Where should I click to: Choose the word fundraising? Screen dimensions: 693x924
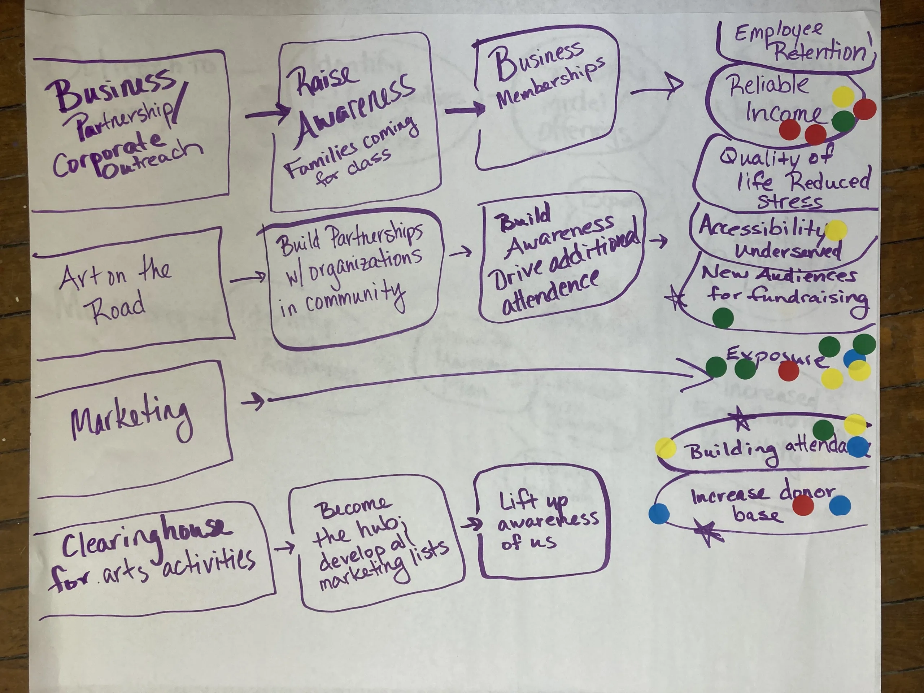click(808, 297)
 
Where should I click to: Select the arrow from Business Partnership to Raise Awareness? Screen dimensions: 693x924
click(267, 113)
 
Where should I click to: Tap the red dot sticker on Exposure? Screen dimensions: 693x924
click(789, 371)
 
